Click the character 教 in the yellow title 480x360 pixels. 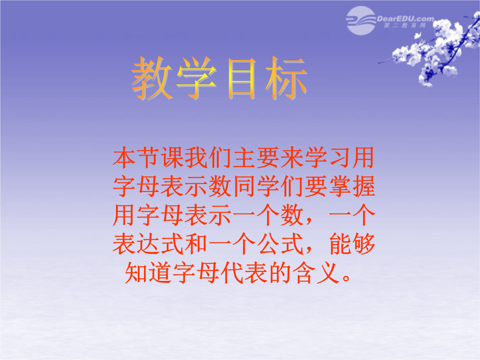pyautogui.click(x=152, y=78)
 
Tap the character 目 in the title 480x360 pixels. pyautogui.click(x=242, y=79)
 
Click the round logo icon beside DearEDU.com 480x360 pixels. pyautogui.click(x=361, y=20)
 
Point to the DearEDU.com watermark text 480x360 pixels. pyautogui.click(x=405, y=19)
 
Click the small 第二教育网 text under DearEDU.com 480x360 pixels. pyautogui.click(x=405, y=25)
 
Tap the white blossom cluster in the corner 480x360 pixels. pyautogui.click(x=435, y=49)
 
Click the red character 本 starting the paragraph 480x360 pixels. pyautogui.click(x=124, y=158)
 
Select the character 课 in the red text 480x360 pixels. pyautogui.click(x=173, y=158)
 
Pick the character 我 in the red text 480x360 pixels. pyautogui.click(x=196, y=158)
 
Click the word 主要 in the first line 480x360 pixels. pyautogui.click(x=256, y=158)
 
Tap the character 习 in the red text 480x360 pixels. pyautogui.click(x=339, y=158)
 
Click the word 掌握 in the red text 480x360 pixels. pyautogui.click(x=352, y=186)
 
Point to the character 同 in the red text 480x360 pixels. pyautogui.click(x=244, y=186)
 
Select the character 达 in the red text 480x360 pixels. pyautogui.click(x=148, y=244)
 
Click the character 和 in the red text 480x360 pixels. pyautogui.click(x=196, y=244)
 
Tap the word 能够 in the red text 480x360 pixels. pyautogui.click(x=352, y=244)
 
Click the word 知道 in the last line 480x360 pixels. pyautogui.click(x=148, y=272)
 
